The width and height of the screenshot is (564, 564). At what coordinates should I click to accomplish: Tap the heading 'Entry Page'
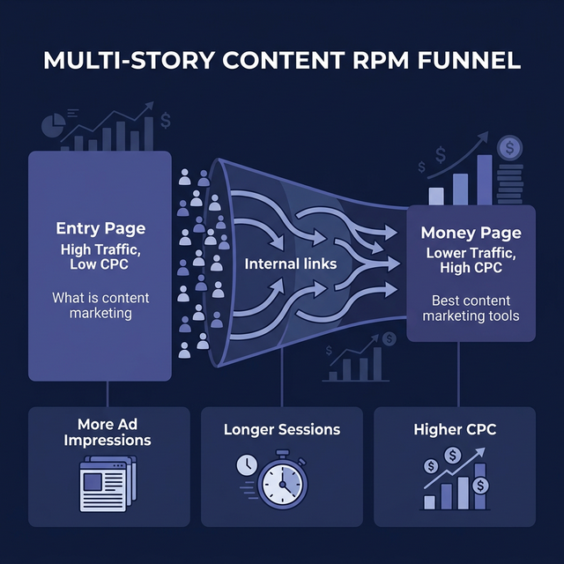coord(100,229)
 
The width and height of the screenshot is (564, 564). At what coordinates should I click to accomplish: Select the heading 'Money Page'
coord(471,233)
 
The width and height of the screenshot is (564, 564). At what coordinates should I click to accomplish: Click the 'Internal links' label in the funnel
coord(281,263)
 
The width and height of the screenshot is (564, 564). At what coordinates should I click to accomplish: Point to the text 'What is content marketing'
coord(100,306)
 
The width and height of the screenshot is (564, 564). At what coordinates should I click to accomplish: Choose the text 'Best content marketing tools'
coord(471,308)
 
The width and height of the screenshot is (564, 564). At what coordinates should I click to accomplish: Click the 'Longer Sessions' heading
coord(282,430)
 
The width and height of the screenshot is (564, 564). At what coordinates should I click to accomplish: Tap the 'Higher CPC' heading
coord(455,430)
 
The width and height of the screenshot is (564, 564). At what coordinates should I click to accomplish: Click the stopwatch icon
coord(284,480)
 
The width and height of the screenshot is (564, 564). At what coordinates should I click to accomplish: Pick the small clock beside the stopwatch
coord(246,464)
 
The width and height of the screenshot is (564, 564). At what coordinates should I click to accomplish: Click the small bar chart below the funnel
coord(356,362)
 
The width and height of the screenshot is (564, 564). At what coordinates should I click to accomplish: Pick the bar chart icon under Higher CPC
coord(456,480)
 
